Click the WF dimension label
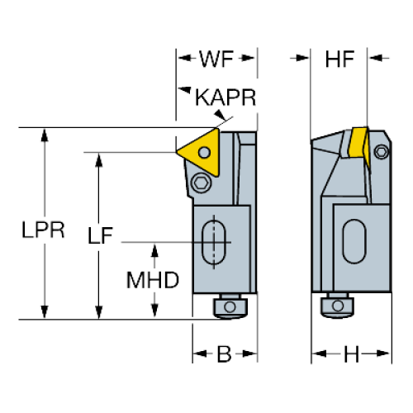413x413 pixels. click(216, 59)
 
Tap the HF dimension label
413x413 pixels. click(339, 59)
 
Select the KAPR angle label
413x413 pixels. click(225, 97)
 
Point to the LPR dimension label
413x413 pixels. click(43, 230)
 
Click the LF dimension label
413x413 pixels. click(100, 235)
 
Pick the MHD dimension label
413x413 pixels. click(153, 280)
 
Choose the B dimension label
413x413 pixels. click(224, 354)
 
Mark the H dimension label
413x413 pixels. click(352, 354)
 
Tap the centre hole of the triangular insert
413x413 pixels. click(204, 152)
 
